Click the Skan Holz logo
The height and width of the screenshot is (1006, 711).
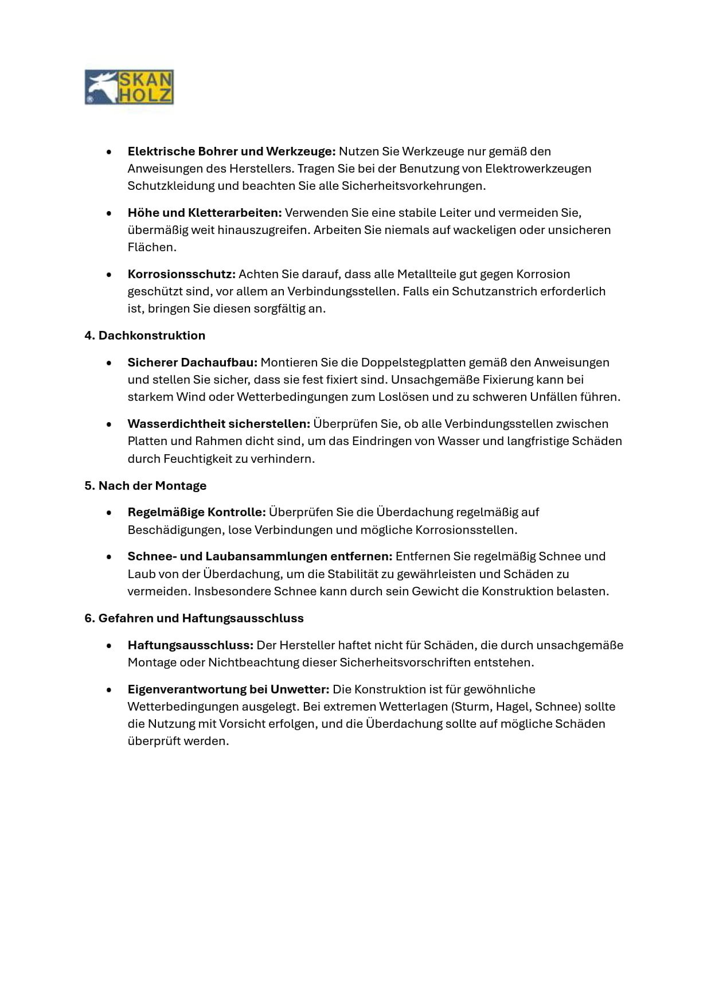[x=129, y=87]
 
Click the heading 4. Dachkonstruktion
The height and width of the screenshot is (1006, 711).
[x=144, y=336]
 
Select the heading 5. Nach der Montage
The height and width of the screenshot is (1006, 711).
[x=145, y=486]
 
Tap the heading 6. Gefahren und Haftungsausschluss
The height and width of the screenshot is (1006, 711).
[x=194, y=618]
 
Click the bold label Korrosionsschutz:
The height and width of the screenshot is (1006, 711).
[x=181, y=274]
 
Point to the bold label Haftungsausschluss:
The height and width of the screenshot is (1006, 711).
[x=190, y=645]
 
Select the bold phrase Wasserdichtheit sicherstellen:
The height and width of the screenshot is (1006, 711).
[x=218, y=424]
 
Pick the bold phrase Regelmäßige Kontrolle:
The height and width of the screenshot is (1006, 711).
[x=197, y=512]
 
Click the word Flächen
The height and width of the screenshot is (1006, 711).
[x=151, y=247]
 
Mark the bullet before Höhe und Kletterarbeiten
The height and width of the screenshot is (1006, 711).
[x=109, y=213]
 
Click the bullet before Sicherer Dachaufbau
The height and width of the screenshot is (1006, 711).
[x=109, y=362]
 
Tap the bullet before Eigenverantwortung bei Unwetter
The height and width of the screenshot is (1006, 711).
[x=109, y=689]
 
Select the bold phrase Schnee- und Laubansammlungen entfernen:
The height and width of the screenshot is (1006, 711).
[x=260, y=556]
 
